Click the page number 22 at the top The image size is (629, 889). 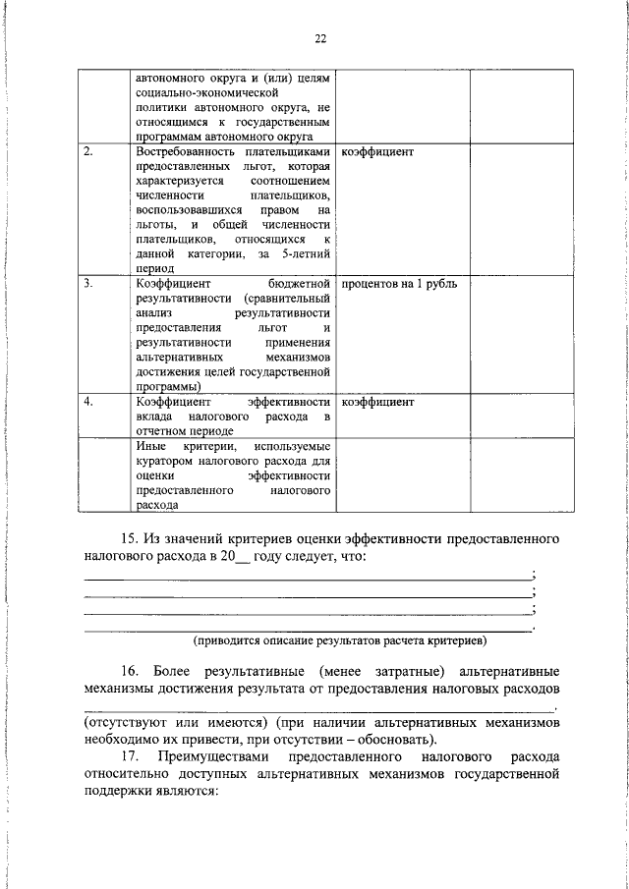click(320, 40)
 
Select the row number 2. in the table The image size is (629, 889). click(88, 153)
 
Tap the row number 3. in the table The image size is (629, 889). click(88, 284)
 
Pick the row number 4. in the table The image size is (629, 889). click(88, 402)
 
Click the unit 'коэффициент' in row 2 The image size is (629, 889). click(377, 153)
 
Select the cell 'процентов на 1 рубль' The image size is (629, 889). click(399, 284)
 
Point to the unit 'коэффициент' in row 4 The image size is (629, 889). click(377, 402)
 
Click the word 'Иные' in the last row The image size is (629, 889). click(150, 446)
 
